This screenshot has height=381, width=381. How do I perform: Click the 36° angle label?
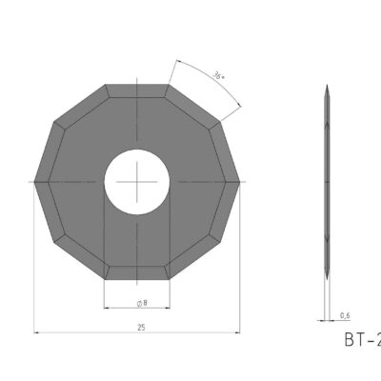click(217, 75)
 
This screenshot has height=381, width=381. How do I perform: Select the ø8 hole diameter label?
click(140, 302)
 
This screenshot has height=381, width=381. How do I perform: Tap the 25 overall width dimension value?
click(139, 327)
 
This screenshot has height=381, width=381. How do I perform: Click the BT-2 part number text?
click(361, 340)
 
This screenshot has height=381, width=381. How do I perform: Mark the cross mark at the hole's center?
click(137, 179)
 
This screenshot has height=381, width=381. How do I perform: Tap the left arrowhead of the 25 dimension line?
click(37, 332)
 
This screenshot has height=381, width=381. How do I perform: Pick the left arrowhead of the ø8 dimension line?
click(106, 308)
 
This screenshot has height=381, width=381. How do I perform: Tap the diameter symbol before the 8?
click(136, 302)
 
